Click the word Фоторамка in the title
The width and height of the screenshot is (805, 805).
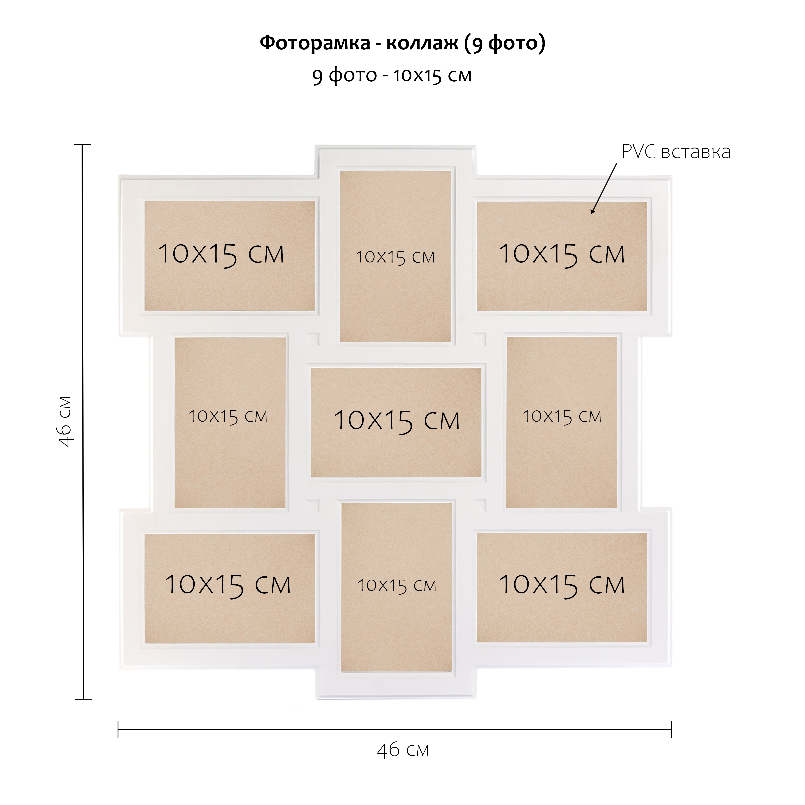coord(315,43)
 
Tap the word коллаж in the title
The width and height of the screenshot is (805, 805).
coord(422,43)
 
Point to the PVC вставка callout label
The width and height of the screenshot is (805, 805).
coord(676,152)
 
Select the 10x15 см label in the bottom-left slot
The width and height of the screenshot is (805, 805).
coord(227,585)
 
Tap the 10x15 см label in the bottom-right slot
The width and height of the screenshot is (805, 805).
coord(562,585)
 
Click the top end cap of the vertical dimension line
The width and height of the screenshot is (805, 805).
coord(82,145)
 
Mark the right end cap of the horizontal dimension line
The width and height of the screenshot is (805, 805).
coord(671,730)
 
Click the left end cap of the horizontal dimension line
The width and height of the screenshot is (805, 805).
coord(118,730)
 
